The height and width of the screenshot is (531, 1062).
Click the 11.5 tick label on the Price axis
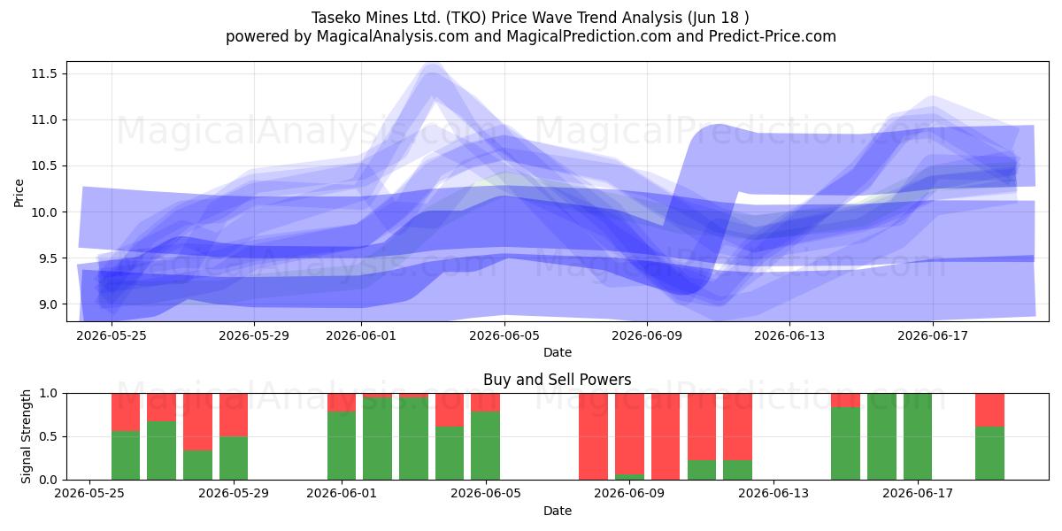[x=44, y=73]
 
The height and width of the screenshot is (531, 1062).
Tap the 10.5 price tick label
[x=44, y=166]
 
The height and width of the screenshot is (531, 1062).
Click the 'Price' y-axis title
[x=19, y=193]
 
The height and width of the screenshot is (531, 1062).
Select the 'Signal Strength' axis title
[x=26, y=436]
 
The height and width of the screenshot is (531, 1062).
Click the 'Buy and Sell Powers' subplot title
[x=557, y=380]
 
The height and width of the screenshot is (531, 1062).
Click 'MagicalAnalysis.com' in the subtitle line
[x=393, y=36]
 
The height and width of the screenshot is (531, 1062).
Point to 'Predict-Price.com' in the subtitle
[x=773, y=36]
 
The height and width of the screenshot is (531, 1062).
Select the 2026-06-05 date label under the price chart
[x=504, y=335]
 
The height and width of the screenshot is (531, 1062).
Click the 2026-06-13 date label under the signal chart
[x=773, y=493]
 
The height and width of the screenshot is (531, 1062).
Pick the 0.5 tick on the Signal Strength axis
[x=48, y=436]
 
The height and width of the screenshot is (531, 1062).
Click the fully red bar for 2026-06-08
[x=594, y=436]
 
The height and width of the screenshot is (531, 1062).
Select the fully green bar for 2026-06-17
[x=918, y=436]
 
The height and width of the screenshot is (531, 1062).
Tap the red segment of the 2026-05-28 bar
[x=197, y=422]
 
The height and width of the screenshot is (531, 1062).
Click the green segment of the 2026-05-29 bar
[x=234, y=458]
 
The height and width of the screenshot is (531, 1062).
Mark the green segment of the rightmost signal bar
[x=990, y=453]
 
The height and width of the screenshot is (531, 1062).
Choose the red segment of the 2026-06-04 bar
[x=450, y=410]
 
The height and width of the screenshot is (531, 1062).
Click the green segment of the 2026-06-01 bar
[x=342, y=446]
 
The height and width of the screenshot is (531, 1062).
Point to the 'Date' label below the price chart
[x=558, y=352]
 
